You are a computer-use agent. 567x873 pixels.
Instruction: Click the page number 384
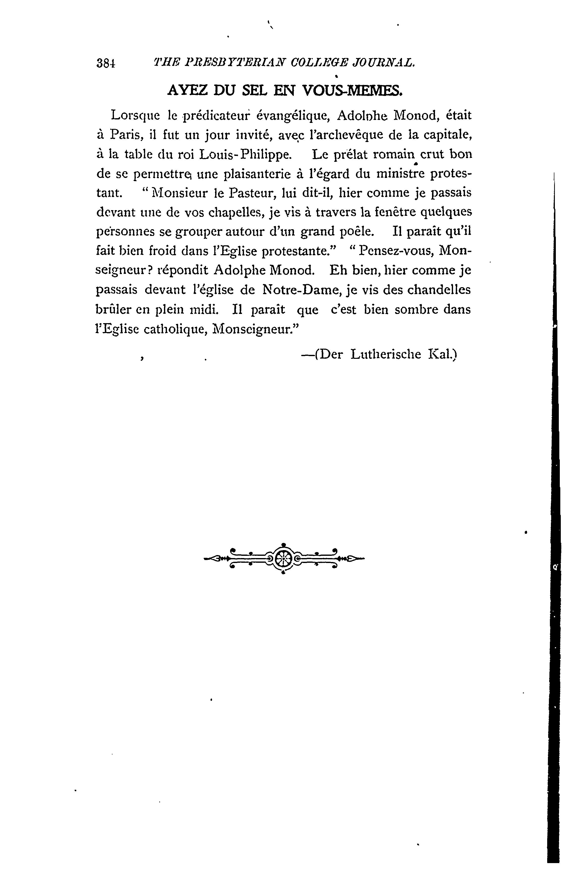(106, 63)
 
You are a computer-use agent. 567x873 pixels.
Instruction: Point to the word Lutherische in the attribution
(386, 354)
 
